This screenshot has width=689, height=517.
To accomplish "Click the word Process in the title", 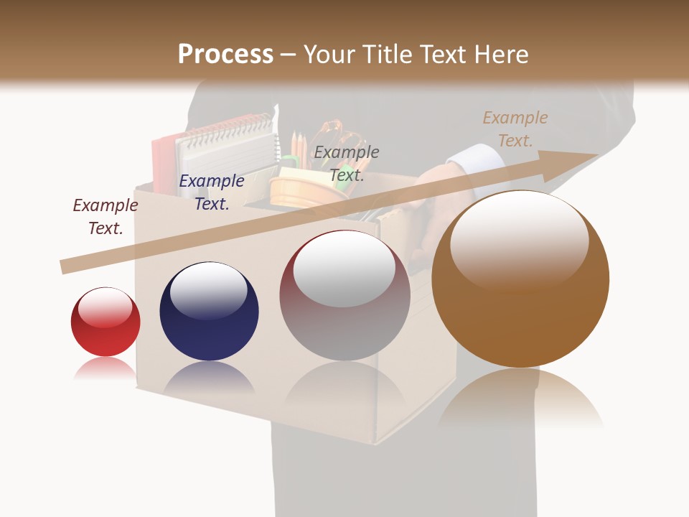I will (225, 55).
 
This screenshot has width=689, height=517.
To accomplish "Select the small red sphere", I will (106, 322).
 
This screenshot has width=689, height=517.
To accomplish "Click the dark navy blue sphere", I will (209, 312).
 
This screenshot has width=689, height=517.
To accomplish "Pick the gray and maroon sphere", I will (344, 296).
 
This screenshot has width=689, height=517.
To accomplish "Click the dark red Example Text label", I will (106, 216).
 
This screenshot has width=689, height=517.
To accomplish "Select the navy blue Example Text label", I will (212, 192).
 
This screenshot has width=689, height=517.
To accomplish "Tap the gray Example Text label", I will (347, 163).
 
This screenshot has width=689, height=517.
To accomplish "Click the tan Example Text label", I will (515, 129).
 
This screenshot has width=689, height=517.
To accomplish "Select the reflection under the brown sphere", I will (520, 399).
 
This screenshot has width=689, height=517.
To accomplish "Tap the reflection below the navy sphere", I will (209, 378).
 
